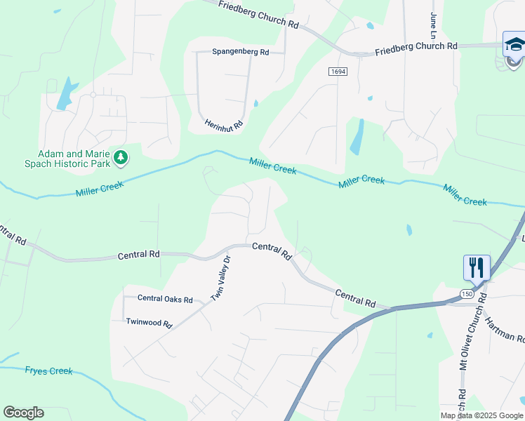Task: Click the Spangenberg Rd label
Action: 241,53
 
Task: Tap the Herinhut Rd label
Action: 223,124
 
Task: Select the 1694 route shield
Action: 338,72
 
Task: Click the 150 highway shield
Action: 467,293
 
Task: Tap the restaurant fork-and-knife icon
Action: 476,267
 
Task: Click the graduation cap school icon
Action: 514,44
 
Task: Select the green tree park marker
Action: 121,157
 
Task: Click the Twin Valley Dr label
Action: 221,279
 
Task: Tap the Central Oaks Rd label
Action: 165,300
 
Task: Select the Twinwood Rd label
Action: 149,323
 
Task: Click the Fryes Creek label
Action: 49,370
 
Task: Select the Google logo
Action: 23,413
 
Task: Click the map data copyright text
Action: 481,415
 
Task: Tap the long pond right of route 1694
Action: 357,137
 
